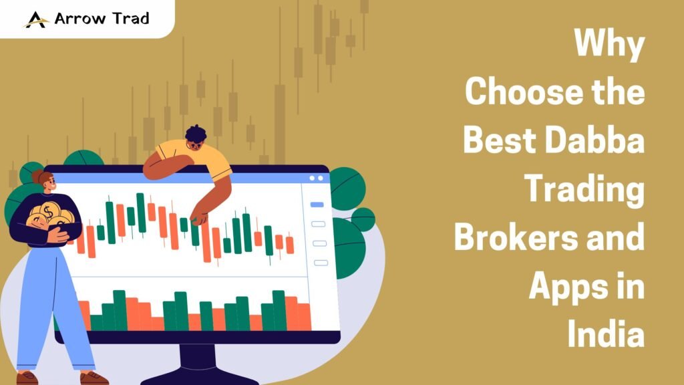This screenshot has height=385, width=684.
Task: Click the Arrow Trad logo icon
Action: coord(36,19)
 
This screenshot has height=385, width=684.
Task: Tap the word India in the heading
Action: coord(606,334)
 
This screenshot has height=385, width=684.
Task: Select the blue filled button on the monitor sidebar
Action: coord(318,205)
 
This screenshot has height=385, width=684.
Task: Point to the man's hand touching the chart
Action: coord(198,217)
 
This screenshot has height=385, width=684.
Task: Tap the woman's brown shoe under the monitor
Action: coord(94,378)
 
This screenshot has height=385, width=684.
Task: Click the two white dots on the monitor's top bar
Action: coord(316,178)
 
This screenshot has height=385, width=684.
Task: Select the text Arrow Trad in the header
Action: coord(102,19)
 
